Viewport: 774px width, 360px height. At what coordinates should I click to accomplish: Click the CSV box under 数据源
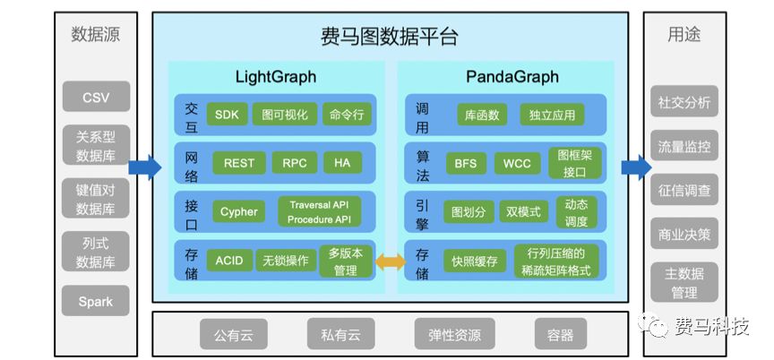(96, 97)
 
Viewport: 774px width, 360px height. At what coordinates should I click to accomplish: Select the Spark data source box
(96, 301)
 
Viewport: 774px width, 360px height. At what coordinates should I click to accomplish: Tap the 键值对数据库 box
(96, 198)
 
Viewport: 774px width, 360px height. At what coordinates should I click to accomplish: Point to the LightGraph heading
(276, 77)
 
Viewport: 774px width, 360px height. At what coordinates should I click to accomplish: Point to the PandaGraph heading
(512, 77)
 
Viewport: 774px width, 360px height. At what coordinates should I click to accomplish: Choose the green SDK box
(227, 115)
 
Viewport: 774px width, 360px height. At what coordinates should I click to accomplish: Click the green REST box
(239, 163)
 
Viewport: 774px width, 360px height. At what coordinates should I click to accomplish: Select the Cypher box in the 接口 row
(239, 212)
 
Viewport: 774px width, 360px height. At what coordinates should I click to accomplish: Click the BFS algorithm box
(465, 163)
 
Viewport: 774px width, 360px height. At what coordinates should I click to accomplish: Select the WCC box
(517, 163)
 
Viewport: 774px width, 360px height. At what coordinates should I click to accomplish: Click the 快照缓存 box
(475, 261)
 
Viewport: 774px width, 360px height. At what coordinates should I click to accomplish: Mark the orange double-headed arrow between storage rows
(390, 261)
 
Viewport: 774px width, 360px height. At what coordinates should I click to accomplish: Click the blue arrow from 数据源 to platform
(144, 167)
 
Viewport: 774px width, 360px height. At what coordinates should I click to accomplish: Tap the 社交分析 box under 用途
(684, 102)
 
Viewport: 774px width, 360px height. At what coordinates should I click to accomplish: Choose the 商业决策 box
(684, 235)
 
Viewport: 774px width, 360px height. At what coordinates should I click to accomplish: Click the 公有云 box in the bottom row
(233, 335)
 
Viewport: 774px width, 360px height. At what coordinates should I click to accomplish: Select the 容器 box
(560, 335)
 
